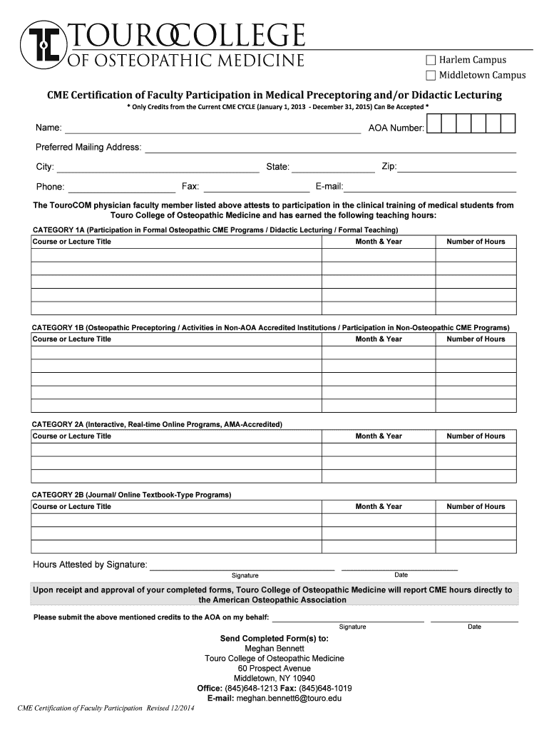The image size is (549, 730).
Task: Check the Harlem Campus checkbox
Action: pos(431,60)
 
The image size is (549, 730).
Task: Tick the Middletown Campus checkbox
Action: pos(431,75)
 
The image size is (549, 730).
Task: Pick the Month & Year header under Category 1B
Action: pos(379,339)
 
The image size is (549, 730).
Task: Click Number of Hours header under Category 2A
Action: pos(476,436)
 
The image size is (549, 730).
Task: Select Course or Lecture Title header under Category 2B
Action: pos(72,507)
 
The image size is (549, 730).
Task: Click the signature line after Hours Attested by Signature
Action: pos(242,567)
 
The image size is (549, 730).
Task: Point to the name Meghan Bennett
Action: pos(274,649)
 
